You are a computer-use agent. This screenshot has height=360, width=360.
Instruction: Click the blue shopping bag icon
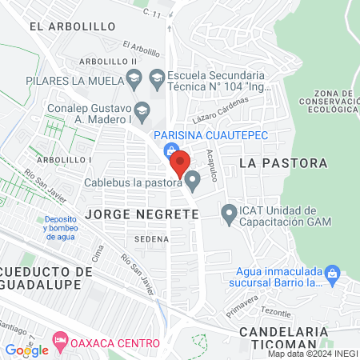pyautogui.click(x=170, y=150)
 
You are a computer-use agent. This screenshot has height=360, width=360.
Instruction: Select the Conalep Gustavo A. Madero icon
pyautogui.click(x=142, y=109)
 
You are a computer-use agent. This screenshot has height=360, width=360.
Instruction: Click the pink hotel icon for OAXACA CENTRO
pyautogui.click(x=60, y=341)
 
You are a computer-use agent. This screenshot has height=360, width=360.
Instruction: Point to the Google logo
pyautogui.click(x=26, y=350)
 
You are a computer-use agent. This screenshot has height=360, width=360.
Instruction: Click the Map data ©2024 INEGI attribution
pyautogui.click(x=313, y=354)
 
